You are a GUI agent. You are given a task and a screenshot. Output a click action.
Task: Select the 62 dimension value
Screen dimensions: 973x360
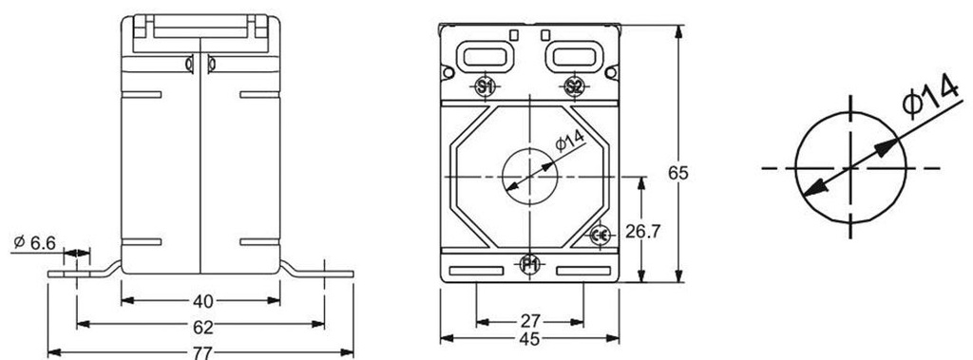point(203,326)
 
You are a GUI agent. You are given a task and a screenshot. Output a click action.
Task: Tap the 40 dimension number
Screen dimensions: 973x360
point(203,302)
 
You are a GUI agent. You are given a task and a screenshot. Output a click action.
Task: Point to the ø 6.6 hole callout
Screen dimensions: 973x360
point(34,242)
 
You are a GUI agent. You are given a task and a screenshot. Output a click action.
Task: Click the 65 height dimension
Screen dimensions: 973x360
point(678,173)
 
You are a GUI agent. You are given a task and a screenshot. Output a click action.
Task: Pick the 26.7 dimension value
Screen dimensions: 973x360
point(643,232)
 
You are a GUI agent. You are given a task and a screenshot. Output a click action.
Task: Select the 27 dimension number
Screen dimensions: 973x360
point(530,321)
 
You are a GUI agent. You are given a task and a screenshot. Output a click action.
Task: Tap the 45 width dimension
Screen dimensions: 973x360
point(530,339)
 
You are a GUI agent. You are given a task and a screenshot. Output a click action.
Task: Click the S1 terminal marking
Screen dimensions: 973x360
point(485,86)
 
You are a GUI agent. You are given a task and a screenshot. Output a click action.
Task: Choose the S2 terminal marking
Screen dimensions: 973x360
point(575,86)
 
